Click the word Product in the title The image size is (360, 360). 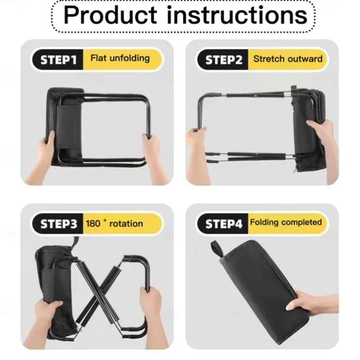[110, 15]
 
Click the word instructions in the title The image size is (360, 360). [237, 15]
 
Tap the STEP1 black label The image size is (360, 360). [58, 60]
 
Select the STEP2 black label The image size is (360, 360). [223, 60]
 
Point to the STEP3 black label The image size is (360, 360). [58, 224]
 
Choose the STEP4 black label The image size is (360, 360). [223, 224]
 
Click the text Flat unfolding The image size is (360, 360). [120, 58]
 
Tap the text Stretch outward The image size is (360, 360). [287, 59]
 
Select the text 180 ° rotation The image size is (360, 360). [114, 224]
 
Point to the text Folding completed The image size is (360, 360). [286, 222]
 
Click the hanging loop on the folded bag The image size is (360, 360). [217, 249]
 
